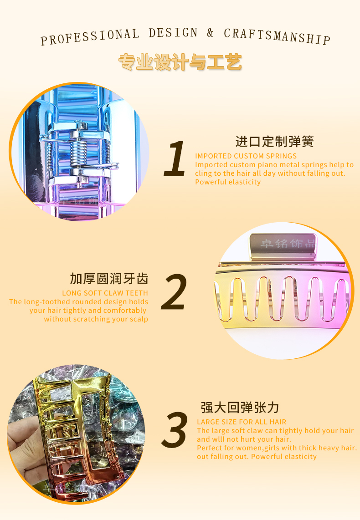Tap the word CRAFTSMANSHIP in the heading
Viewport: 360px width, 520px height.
[x=277, y=36]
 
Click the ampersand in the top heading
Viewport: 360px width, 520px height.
[x=210, y=32]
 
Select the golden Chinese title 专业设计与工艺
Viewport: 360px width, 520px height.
[x=180, y=62]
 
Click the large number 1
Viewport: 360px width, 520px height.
[x=175, y=158]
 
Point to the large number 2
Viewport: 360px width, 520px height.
[x=174, y=292]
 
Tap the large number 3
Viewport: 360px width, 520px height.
[x=175, y=430]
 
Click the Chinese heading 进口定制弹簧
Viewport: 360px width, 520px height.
[x=275, y=142]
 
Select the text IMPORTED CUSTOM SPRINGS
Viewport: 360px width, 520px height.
[x=246, y=156]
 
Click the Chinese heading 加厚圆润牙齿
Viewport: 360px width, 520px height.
[x=109, y=279]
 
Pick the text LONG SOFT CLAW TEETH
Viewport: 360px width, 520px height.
[x=105, y=293]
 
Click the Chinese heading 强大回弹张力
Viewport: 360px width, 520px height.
[x=240, y=408]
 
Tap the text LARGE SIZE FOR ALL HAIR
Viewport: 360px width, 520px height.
[x=242, y=422]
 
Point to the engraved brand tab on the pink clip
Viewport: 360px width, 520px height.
[x=283, y=246]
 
